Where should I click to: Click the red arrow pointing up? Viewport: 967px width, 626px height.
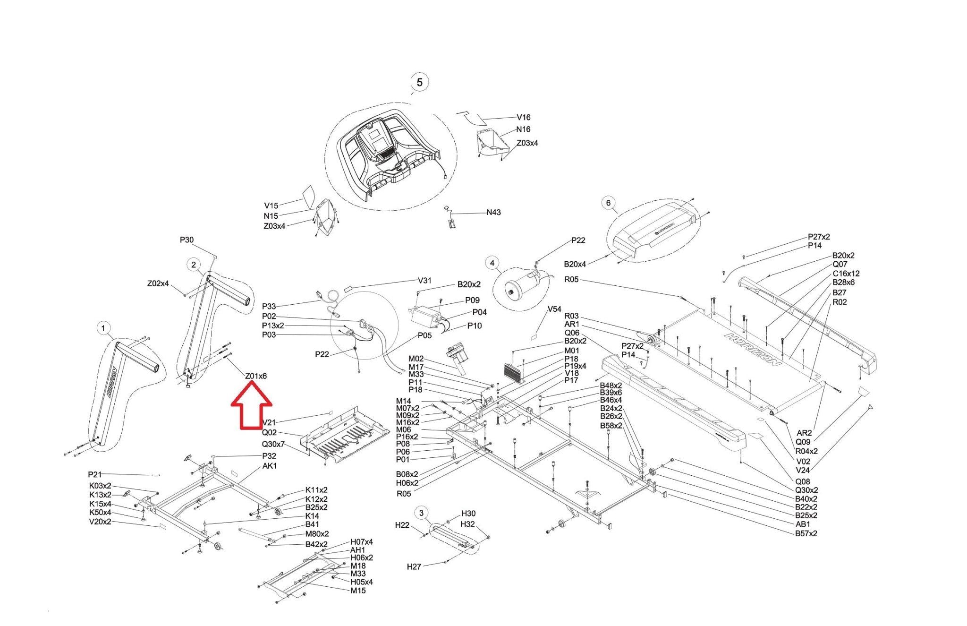coord(251,406)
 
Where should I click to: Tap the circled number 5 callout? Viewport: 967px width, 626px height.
coord(419,82)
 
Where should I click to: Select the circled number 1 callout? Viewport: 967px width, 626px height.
coord(103,328)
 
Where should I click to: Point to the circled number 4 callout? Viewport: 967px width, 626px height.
coord(492,263)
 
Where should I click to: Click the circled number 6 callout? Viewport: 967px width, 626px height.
coord(608,203)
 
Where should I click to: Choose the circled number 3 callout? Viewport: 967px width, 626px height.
coord(421,513)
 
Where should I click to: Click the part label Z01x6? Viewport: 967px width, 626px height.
coord(256,376)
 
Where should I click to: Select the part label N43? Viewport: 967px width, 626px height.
coord(493,213)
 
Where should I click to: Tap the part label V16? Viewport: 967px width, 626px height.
coord(523,117)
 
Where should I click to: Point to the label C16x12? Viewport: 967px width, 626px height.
coord(846,274)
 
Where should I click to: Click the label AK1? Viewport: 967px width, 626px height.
coord(270,466)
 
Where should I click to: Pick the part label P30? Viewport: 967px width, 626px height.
coord(187,240)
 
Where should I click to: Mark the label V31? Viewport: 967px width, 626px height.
coord(424,280)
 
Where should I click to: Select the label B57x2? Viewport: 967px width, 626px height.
coord(806,533)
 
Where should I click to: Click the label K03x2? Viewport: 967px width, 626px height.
coord(100,486)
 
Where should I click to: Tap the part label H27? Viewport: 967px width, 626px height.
coord(414,566)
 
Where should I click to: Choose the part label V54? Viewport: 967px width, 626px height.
coord(554,309)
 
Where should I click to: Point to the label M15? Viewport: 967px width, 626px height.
coord(358,591)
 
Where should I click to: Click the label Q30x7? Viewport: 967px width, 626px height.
coord(273,444)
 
